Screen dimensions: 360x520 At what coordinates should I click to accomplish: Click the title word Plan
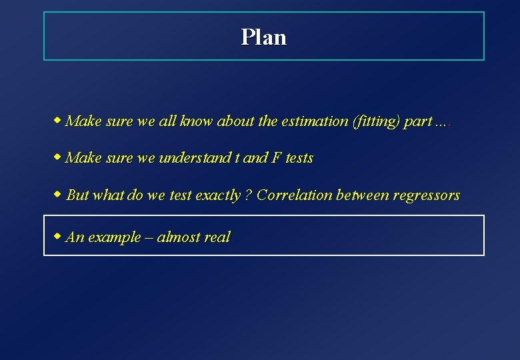click(264, 37)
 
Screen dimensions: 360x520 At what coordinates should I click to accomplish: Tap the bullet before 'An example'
click(57, 236)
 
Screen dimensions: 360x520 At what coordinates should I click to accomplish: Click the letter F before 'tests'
click(275, 158)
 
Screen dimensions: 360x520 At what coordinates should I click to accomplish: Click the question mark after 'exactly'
click(247, 195)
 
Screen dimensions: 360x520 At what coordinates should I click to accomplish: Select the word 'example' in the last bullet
click(115, 237)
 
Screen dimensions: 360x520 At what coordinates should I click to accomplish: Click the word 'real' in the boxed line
click(217, 237)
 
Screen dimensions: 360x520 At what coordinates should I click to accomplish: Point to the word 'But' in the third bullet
click(77, 195)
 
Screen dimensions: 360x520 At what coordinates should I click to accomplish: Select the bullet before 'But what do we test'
click(57, 195)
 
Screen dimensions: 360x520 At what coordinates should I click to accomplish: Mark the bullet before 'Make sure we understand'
click(57, 157)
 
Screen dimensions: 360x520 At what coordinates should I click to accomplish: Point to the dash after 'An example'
click(149, 237)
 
